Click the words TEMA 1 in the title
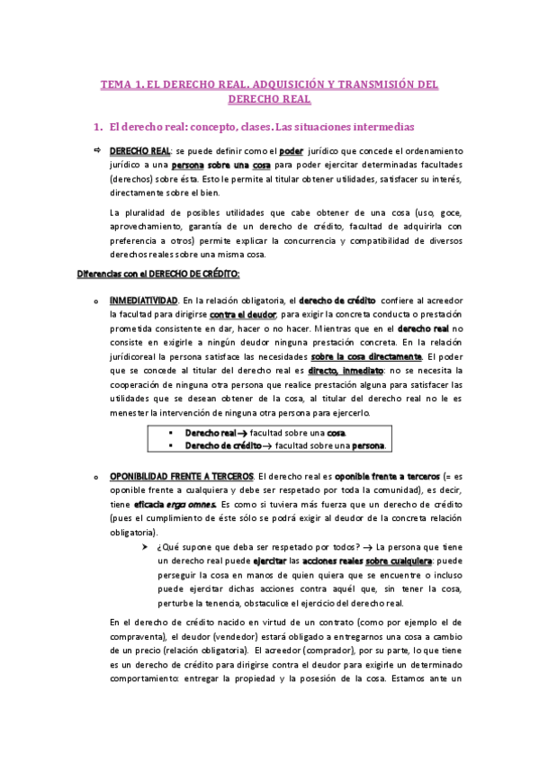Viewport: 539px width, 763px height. tap(124, 85)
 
